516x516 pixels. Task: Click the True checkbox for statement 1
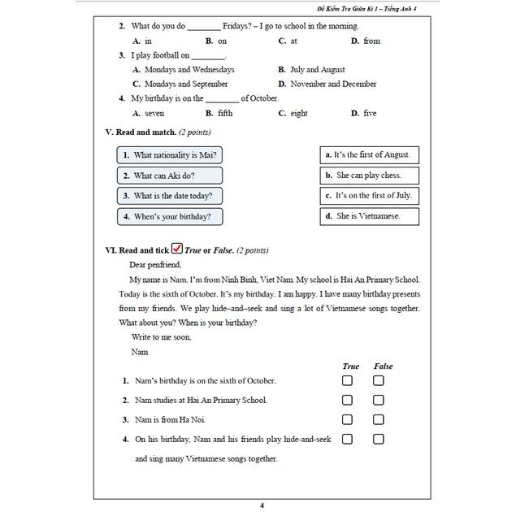tap(347, 380)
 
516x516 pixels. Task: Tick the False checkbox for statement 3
tap(379, 419)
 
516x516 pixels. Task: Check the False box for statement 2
tap(379, 400)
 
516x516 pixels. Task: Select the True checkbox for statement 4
tap(347, 439)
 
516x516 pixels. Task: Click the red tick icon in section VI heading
tap(177, 249)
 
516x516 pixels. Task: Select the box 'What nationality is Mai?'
tap(170, 154)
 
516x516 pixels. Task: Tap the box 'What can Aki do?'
tap(170, 175)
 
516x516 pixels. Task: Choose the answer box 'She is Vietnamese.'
tap(371, 216)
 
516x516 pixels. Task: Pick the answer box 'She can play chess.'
tap(371, 175)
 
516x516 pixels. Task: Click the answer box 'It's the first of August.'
tap(371, 154)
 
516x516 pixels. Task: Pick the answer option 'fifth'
tap(224, 113)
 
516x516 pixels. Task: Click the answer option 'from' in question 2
tap(371, 41)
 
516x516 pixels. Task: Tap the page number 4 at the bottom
tap(262, 505)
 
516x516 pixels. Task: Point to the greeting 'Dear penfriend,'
tap(155, 264)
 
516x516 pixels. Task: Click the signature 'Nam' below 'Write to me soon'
tap(140, 352)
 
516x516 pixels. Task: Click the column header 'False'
tap(383, 366)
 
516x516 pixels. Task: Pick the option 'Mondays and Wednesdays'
tap(189, 70)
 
